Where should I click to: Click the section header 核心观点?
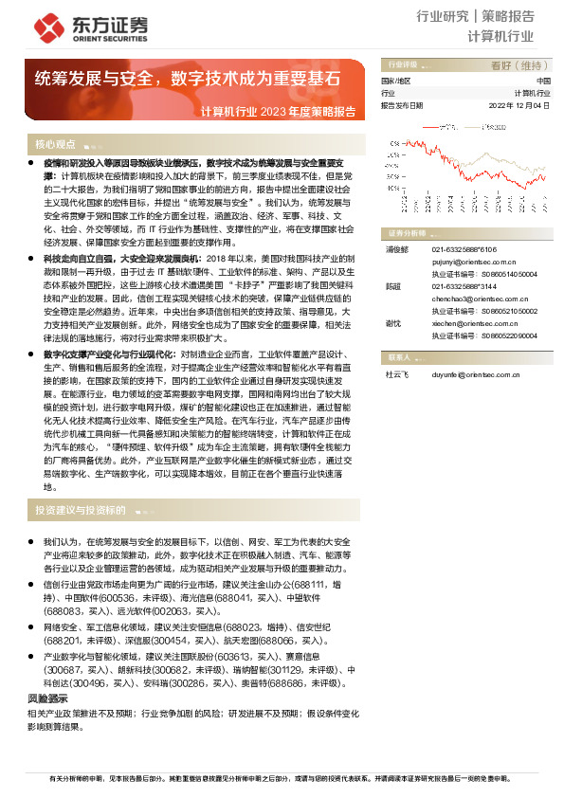55,145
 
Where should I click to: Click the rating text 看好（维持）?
520,66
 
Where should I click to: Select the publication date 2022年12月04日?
519,106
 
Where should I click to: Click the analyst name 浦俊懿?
395,249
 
